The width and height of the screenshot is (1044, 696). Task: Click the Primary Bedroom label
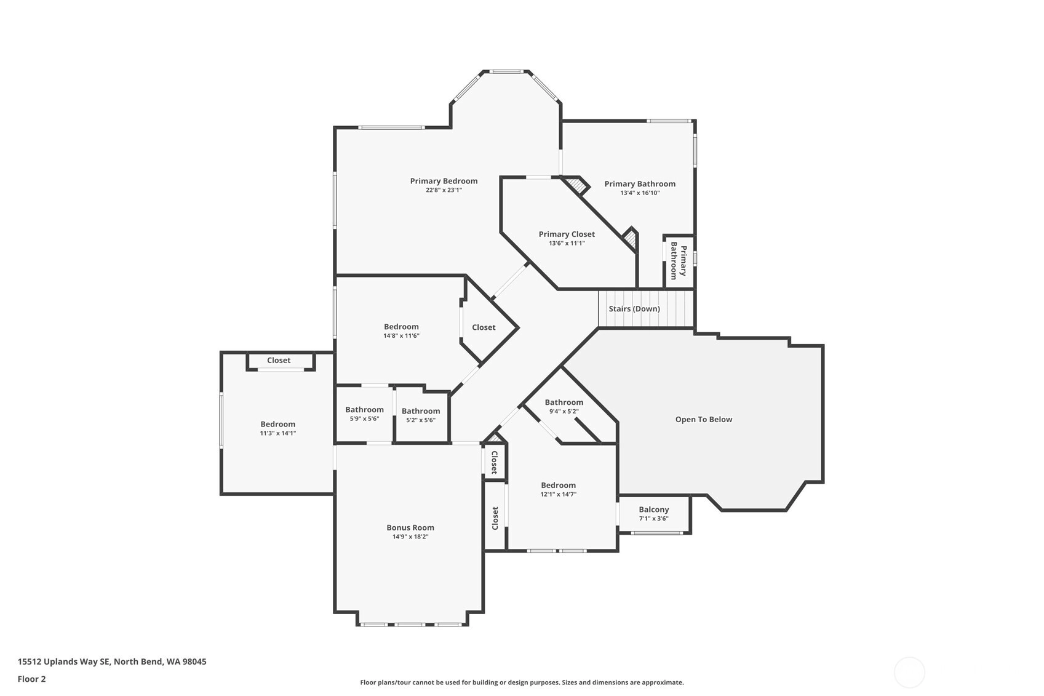(x=444, y=181)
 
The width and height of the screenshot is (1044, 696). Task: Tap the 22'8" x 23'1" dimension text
(x=444, y=190)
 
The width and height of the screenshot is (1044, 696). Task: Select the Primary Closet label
(x=567, y=234)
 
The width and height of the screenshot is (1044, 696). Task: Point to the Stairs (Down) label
(x=634, y=308)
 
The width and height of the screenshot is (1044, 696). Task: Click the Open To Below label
(x=704, y=419)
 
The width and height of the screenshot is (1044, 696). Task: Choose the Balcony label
(x=654, y=510)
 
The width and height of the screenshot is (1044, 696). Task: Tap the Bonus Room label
(x=410, y=527)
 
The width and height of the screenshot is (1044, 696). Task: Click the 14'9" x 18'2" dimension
(x=410, y=537)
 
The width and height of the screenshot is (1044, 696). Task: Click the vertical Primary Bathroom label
(x=679, y=260)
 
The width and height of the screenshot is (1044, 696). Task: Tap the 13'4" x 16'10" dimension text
(x=640, y=193)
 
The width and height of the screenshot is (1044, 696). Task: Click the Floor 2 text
(x=32, y=679)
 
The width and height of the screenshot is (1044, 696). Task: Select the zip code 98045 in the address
(x=195, y=661)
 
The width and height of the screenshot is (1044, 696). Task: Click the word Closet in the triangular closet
(x=484, y=327)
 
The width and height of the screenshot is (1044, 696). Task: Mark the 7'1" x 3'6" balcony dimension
(x=654, y=518)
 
